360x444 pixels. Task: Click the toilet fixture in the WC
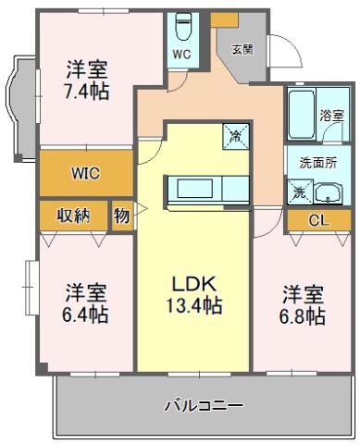point(182,27)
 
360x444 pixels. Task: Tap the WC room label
point(182,55)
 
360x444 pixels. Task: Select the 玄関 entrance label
point(242,49)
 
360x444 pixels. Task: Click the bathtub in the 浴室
point(302,114)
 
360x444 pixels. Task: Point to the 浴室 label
point(331,116)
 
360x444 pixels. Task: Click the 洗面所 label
point(318,164)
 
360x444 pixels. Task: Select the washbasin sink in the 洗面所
point(329,193)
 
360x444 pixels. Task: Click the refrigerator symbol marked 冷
point(236,137)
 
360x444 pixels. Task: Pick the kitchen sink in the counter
point(194,189)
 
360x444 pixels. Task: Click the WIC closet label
point(85,173)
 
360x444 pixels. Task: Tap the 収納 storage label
point(73,216)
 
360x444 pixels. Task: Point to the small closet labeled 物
point(122,216)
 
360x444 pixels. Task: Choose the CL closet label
point(319,220)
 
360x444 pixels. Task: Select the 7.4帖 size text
point(87,92)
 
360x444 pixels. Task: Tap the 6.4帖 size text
point(85,314)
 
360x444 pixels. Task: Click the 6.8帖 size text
point(303,316)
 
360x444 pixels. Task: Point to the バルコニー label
point(204,405)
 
